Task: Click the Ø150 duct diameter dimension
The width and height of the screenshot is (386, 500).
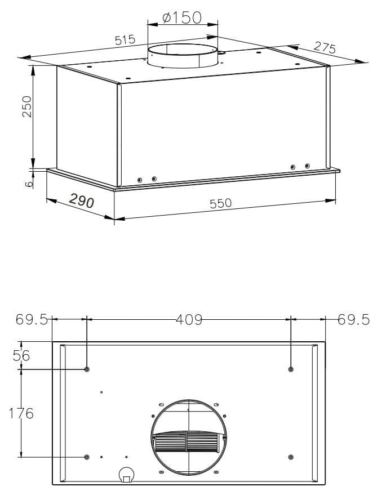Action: point(182,18)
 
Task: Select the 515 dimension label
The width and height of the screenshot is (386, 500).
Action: point(125,40)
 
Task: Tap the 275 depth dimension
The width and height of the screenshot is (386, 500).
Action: point(325,47)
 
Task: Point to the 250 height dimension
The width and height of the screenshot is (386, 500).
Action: point(27,106)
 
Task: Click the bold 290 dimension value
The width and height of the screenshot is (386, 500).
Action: point(82,200)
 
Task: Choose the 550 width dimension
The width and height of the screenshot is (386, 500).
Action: point(221,203)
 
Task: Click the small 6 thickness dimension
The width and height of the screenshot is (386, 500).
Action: point(29,184)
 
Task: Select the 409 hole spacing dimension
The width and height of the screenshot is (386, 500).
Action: point(189,319)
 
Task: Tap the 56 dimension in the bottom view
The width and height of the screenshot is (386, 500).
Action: point(21,355)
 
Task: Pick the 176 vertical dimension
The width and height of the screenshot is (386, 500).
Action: point(21,413)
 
